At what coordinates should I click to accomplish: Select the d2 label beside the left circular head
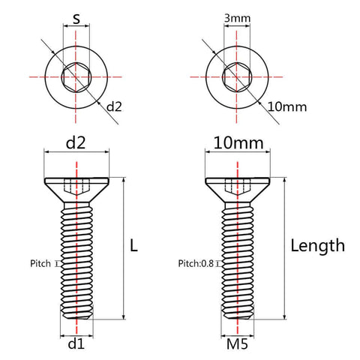pos(113,106)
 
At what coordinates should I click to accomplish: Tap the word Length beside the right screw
pos(317,244)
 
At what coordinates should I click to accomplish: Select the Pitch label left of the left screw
pos(40,263)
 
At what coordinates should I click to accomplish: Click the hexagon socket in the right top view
pos(238,76)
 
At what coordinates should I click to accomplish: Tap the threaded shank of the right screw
pos(238,262)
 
